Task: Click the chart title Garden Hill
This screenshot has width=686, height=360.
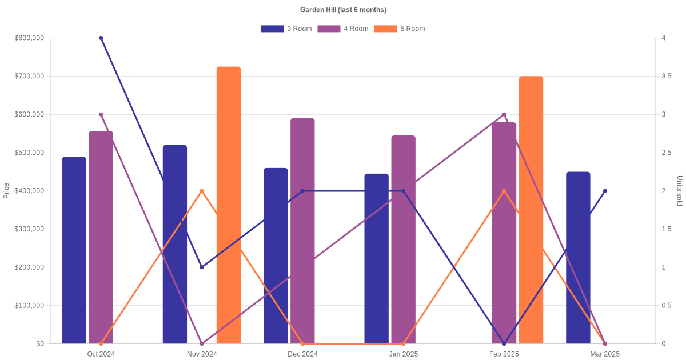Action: coord(343,10)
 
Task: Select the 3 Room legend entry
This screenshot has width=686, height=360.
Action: coord(286,29)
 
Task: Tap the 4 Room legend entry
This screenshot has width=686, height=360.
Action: coord(342,29)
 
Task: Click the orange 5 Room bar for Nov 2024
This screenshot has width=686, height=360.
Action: coord(229,206)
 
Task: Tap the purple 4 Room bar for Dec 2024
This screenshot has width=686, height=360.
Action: coord(302,231)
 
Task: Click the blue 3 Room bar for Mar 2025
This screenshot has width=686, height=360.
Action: coord(578,258)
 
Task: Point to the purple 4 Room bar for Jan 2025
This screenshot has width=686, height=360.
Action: coord(403,239)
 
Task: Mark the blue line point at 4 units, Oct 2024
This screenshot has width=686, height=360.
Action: coord(101,38)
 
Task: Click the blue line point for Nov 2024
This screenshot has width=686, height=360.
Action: coord(202,267)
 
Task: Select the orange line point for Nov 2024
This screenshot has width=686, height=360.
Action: coord(202,191)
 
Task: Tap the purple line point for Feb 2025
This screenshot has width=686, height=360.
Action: coord(504,114)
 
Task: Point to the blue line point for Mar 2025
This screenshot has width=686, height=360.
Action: coord(605,191)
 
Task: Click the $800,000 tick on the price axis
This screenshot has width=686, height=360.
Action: coord(29,38)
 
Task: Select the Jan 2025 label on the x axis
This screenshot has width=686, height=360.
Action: coord(404,354)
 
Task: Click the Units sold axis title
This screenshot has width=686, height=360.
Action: coord(679,191)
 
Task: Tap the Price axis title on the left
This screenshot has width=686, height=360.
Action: coord(6,191)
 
